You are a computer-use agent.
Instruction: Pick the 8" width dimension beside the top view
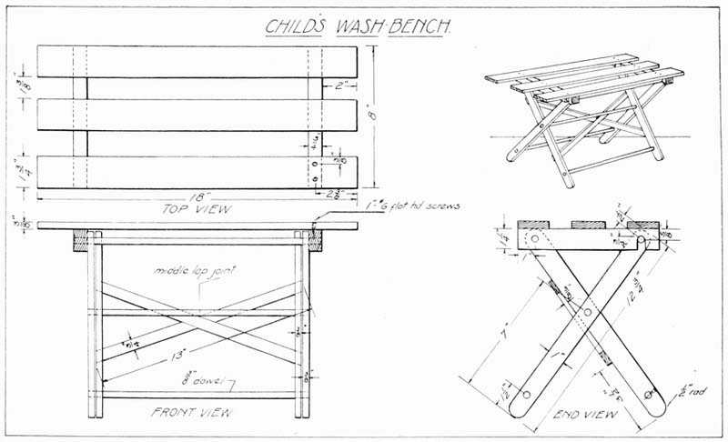coord(370,116)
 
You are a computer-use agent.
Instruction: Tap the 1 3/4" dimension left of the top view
coord(19,169)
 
